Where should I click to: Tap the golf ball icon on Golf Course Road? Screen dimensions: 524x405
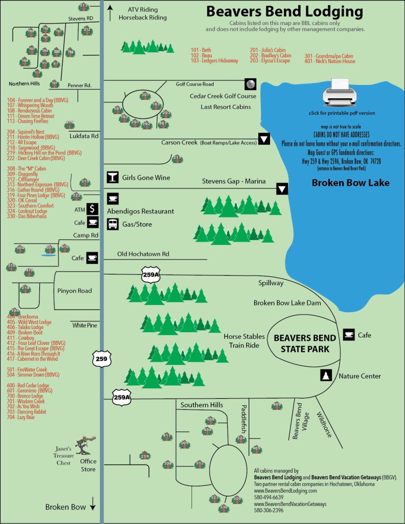point(250,84)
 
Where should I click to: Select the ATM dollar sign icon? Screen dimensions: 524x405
point(93,209)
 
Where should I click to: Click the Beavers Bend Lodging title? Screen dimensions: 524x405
point(284,12)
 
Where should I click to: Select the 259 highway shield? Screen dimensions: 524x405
point(101,359)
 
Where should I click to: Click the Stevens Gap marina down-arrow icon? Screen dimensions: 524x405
point(282,188)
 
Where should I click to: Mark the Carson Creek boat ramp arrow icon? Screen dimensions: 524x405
point(264,139)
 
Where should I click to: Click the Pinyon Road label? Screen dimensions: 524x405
point(75,291)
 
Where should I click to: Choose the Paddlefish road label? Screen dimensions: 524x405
point(244,419)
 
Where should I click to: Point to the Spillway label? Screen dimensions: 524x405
point(272,282)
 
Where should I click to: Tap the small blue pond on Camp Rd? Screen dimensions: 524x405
point(49,254)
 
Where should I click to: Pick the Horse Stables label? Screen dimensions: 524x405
point(244,337)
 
